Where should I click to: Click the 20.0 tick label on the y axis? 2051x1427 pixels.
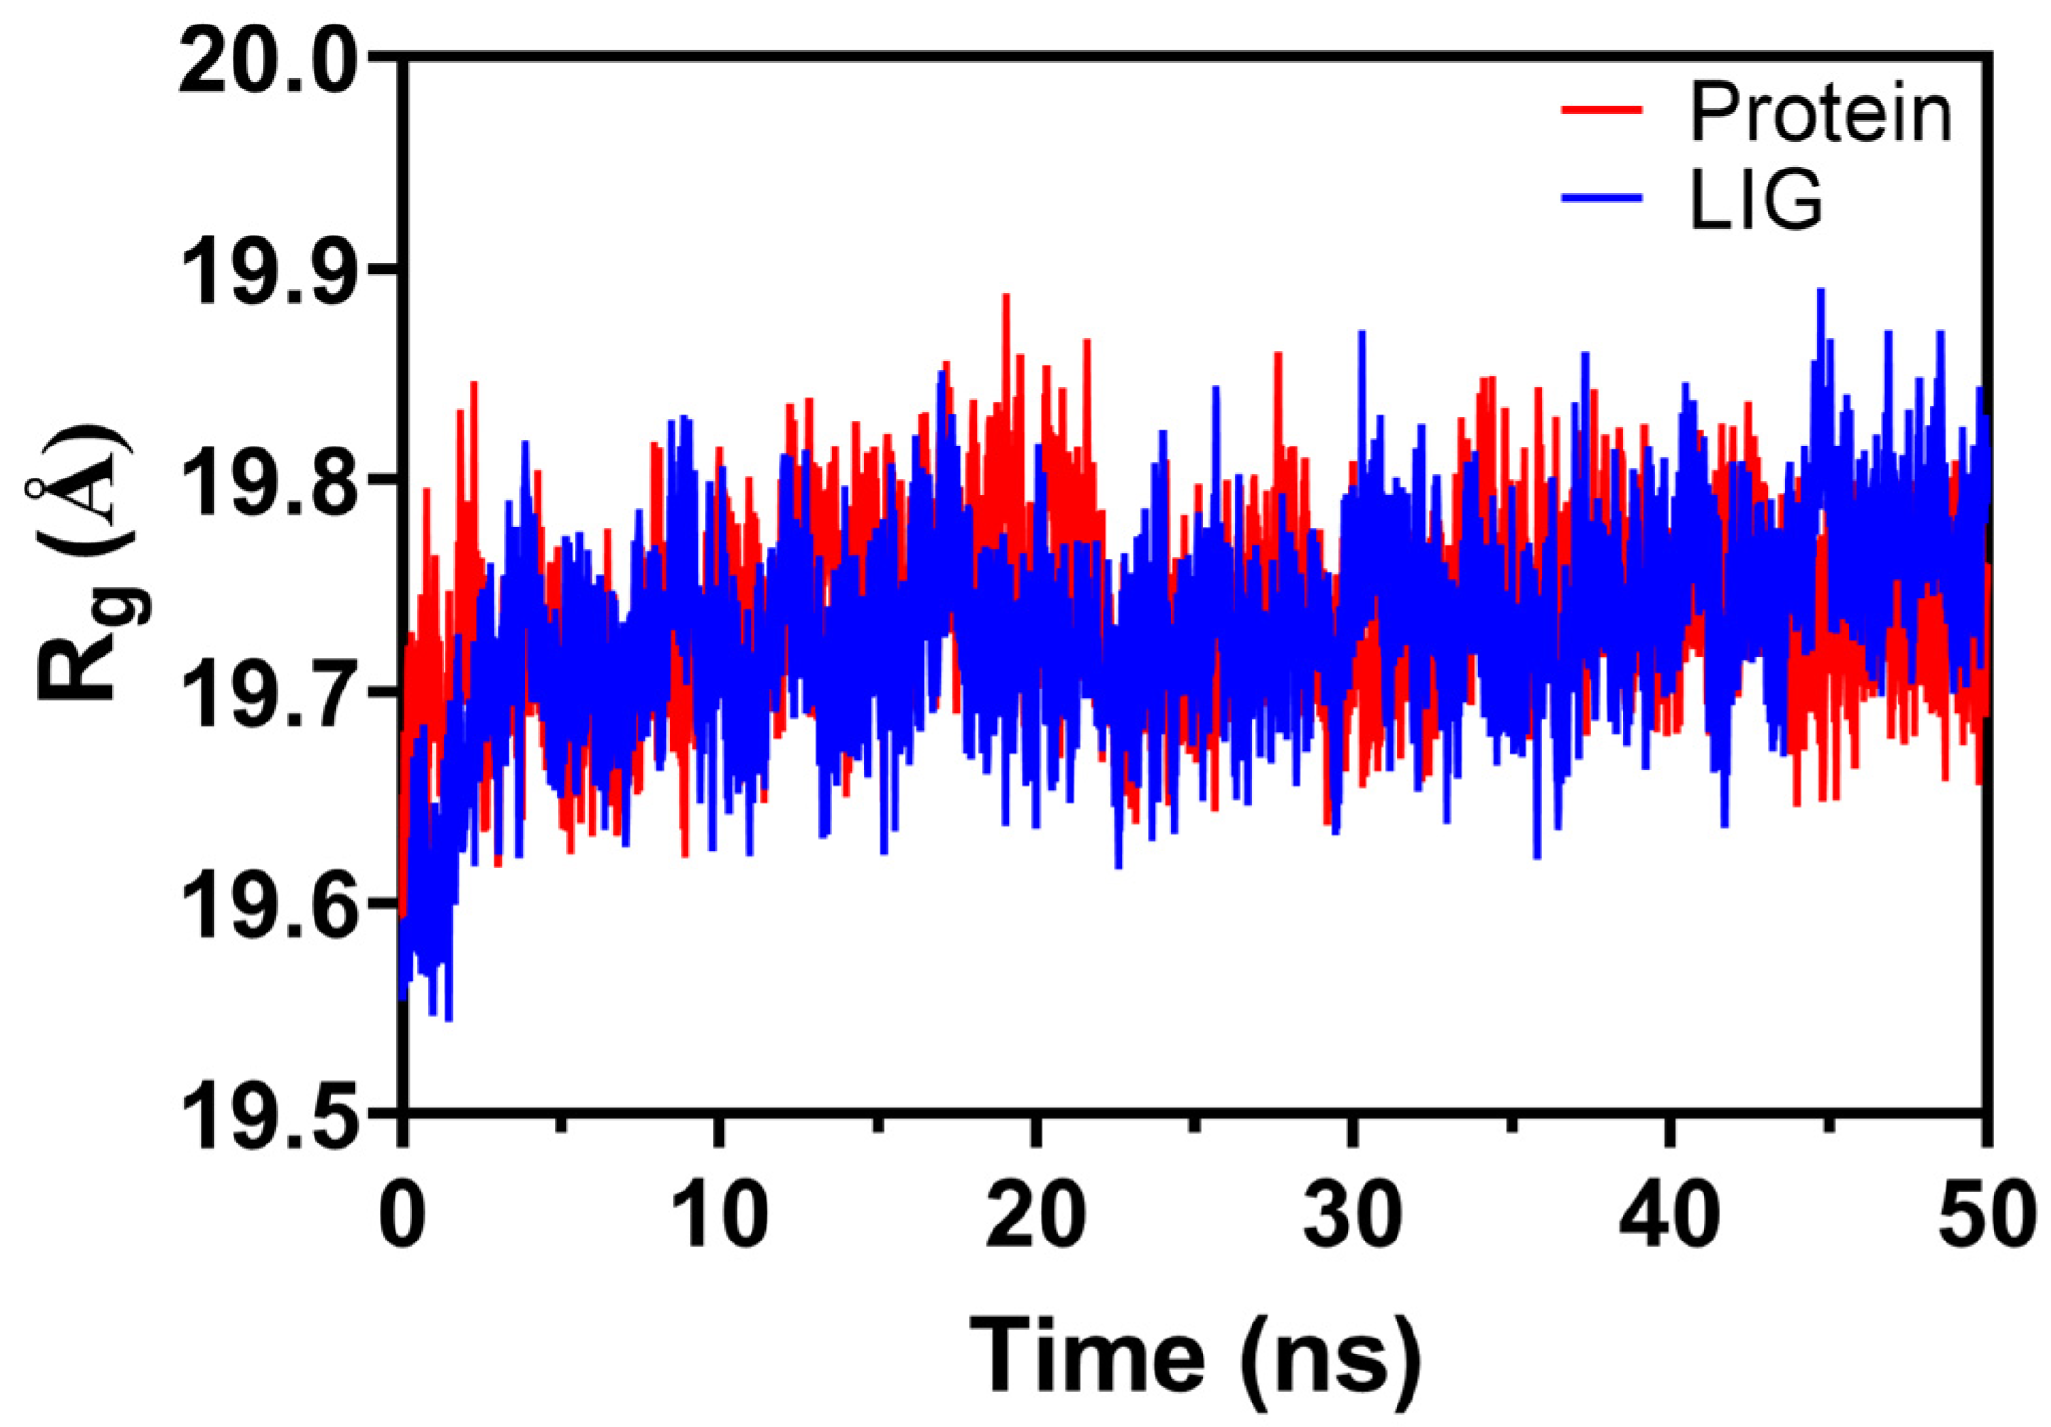pos(268,63)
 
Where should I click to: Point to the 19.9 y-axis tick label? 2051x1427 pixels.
pos(268,272)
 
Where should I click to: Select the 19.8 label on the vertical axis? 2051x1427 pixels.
pos(268,483)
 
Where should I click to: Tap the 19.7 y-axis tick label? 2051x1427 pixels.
pos(268,694)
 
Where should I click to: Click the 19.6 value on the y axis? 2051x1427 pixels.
pos(268,905)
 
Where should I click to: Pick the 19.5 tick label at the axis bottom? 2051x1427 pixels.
pos(268,1116)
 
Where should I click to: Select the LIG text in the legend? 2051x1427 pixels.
pos(1757,200)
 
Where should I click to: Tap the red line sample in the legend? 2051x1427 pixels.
pos(1602,110)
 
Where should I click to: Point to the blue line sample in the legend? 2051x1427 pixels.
pos(1602,198)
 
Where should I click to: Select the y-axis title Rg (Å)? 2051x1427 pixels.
pos(85,565)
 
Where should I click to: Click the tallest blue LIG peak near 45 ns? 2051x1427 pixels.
pos(1820,292)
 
